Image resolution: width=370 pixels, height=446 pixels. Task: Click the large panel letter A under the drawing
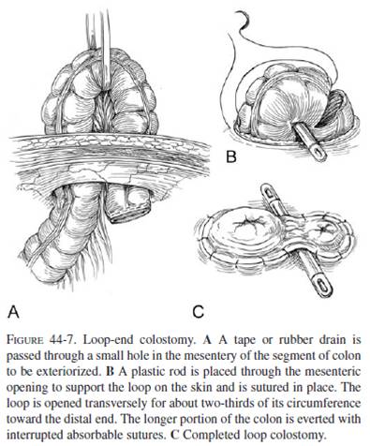click(x=15, y=305)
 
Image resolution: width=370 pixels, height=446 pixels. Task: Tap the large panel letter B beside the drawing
click(x=229, y=158)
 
